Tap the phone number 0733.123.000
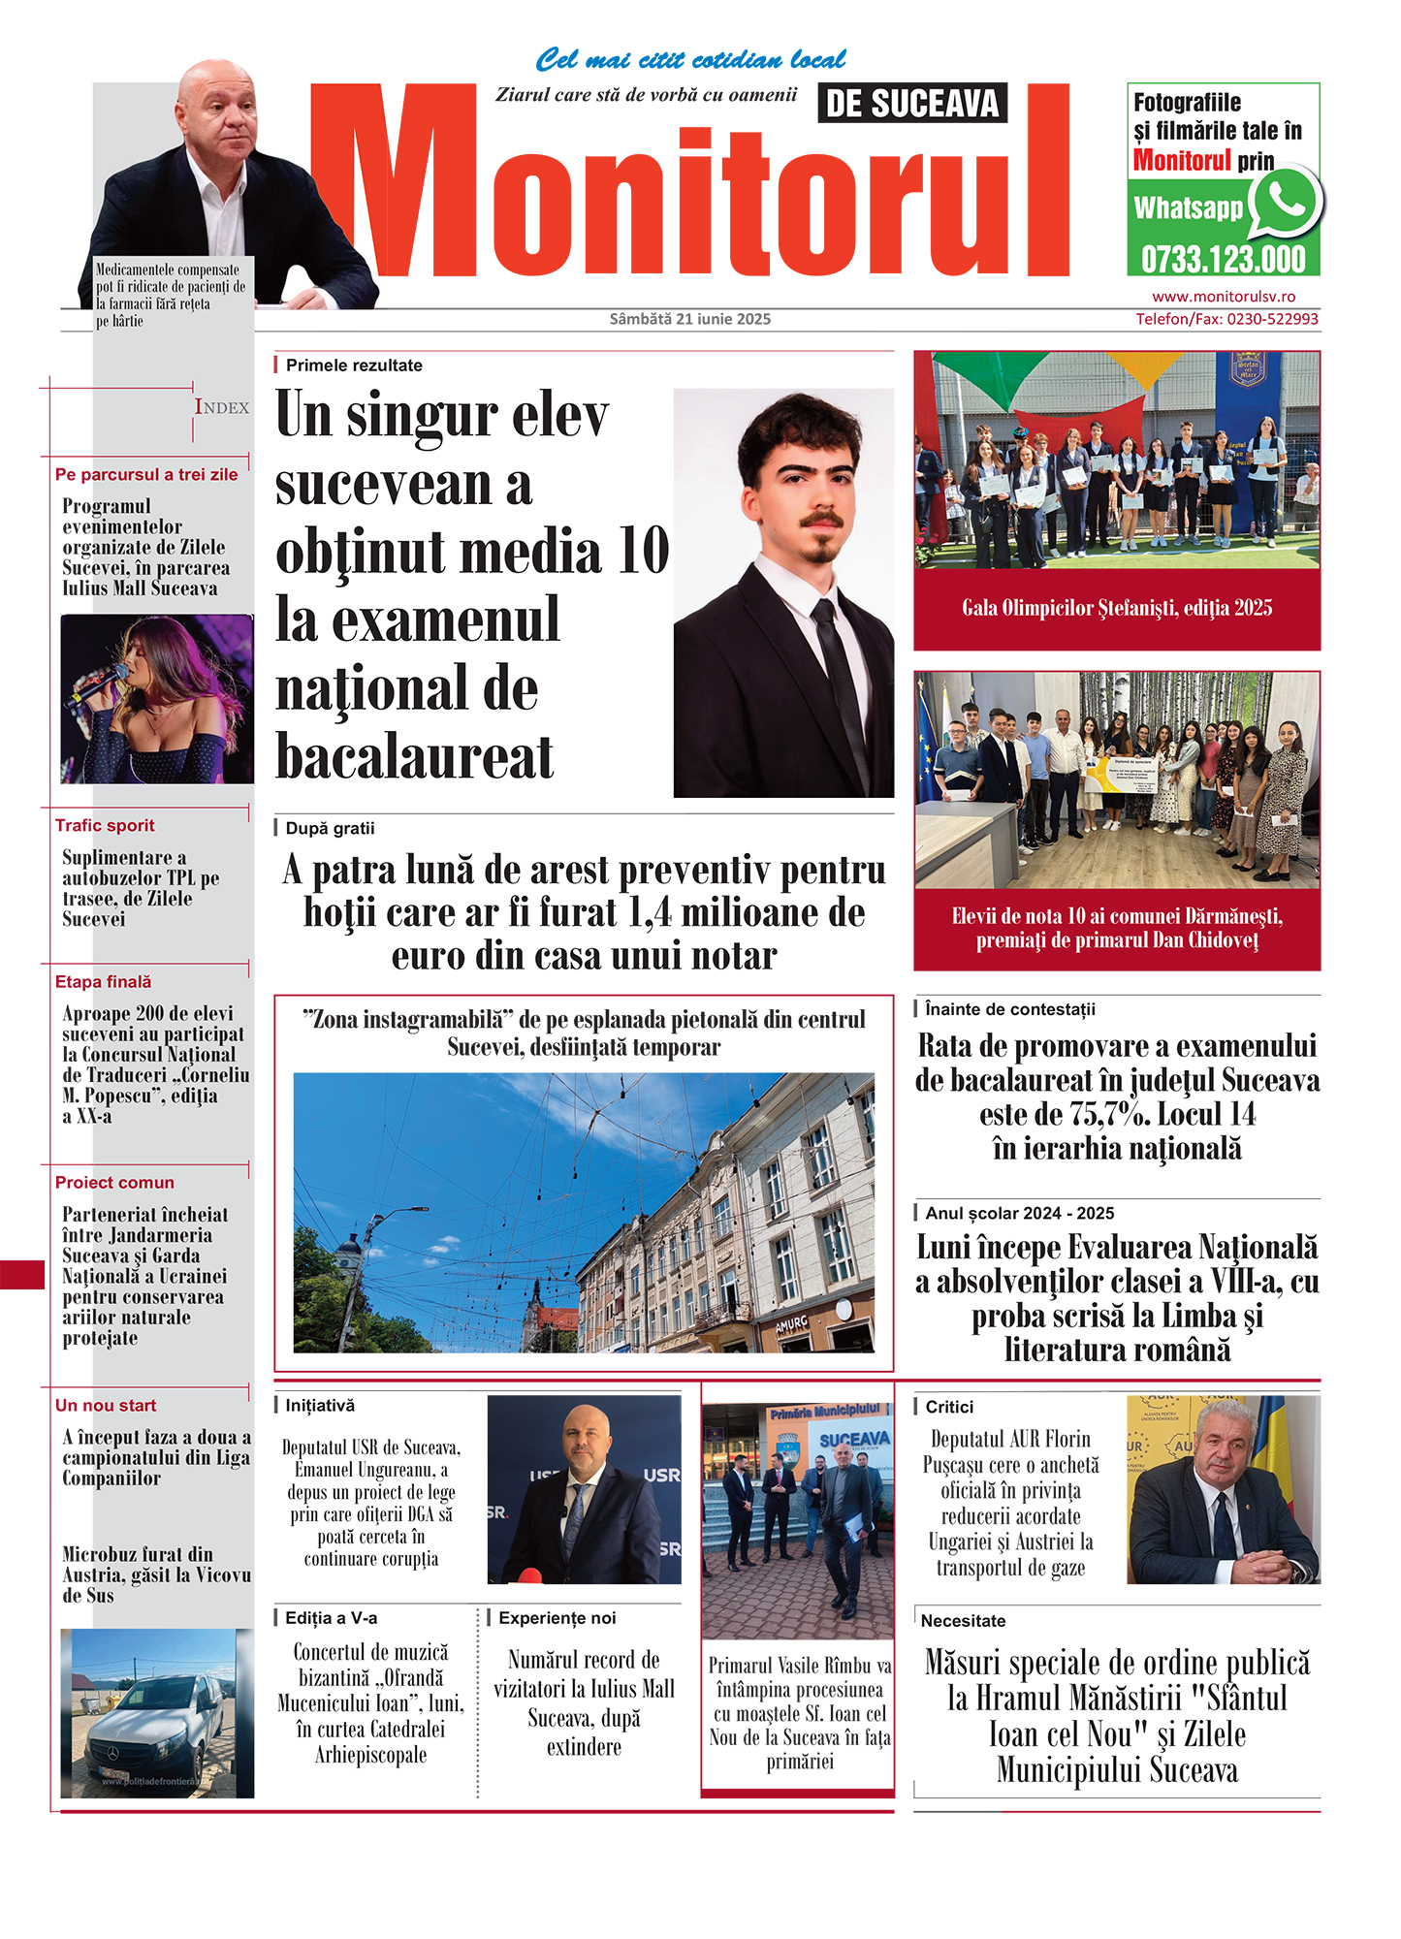1223,260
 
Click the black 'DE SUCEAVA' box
912,103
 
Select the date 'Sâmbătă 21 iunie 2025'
690,319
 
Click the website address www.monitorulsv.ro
1223,297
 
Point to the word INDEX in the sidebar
222,407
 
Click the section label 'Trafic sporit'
105,825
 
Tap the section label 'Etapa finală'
103,981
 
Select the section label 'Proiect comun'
114,1182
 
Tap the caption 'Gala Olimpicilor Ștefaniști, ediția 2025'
1117,608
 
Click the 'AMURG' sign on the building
792,1324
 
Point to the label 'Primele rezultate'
354,366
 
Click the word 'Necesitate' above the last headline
963,1620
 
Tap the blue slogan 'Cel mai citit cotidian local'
690,60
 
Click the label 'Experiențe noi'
557,1617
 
